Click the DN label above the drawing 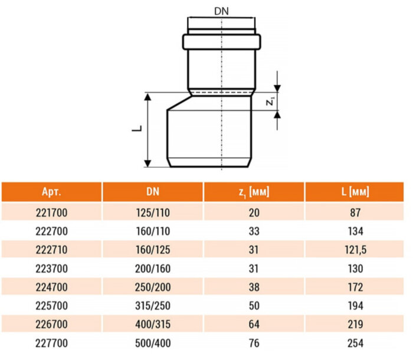click(221, 11)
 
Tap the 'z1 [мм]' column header click(255, 192)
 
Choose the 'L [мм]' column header click(355, 192)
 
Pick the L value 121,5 click(355, 250)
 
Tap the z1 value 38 click(255, 287)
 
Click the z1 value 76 click(255, 343)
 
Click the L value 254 click(355, 343)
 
